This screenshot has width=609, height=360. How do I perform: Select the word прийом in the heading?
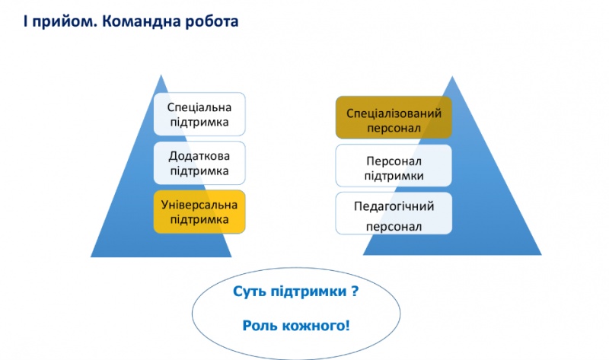coord(60,21)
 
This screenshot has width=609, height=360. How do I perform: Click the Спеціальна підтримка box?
coord(199,114)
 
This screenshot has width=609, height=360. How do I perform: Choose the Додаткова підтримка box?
coord(199,163)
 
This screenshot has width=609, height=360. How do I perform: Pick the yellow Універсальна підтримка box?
coord(199,212)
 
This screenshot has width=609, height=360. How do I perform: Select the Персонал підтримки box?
coord(394,167)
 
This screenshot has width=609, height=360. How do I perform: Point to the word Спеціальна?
coord(199,107)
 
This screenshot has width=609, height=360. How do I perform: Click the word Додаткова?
coord(199,155)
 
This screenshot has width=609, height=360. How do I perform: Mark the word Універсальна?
coord(199,205)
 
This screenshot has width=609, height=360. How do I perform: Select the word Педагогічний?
coord(394,206)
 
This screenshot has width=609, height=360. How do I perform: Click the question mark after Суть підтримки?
coord(354,292)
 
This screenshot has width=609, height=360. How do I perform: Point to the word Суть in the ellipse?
coord(248,292)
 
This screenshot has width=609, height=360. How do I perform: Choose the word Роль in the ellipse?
coord(260,326)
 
